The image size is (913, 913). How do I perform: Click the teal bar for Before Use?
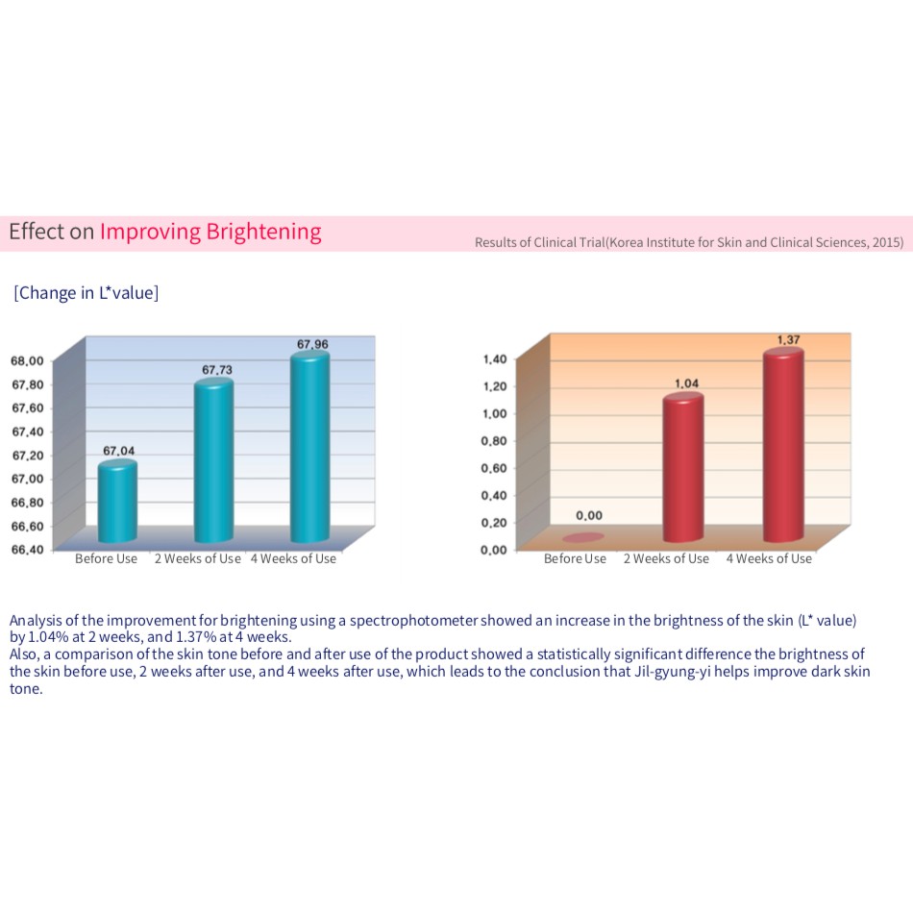(x=118, y=502)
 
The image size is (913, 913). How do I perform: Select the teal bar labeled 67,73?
(x=213, y=461)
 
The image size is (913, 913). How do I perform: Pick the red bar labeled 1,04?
(x=683, y=468)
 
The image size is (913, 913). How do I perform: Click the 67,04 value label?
(x=119, y=450)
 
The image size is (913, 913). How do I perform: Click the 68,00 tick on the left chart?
(x=28, y=361)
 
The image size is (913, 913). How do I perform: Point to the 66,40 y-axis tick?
(x=28, y=550)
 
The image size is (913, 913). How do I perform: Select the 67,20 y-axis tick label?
(x=28, y=456)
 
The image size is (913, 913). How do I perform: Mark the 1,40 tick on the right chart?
(x=494, y=359)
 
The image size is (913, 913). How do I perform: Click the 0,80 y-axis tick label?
(x=494, y=441)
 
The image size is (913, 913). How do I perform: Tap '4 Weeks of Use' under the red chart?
(x=768, y=558)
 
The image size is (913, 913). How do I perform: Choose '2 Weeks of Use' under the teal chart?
(x=198, y=558)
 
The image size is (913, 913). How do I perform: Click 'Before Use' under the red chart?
(x=575, y=558)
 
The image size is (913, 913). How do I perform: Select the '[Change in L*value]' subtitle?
(x=86, y=293)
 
